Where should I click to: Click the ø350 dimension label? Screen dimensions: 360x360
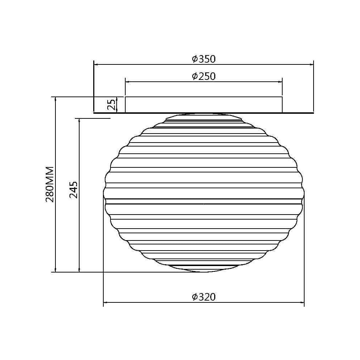click(x=204, y=59)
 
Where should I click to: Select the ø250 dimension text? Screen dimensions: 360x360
click(x=204, y=76)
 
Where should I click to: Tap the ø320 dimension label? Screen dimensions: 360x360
click(x=204, y=297)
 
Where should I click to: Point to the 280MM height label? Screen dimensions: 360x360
click(x=50, y=184)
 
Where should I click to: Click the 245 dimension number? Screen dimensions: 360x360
click(x=73, y=190)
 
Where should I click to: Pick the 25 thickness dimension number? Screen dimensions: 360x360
click(x=112, y=105)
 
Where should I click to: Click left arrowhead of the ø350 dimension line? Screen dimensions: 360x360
click(x=96, y=65)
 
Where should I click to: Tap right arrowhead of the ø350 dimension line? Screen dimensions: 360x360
click(x=311, y=65)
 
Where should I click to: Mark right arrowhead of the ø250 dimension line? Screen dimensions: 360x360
click(x=280, y=82)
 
